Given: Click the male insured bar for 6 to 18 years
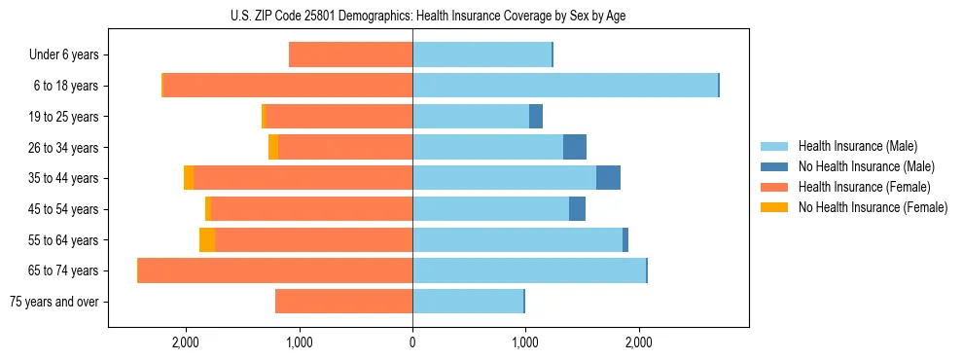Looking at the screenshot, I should click(x=565, y=86).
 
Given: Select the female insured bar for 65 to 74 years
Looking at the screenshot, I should click(x=275, y=270).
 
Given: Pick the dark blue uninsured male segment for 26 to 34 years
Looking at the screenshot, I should click(x=575, y=147).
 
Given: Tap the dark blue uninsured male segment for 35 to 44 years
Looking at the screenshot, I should click(x=608, y=178).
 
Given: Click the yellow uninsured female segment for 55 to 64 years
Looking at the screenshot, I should click(x=207, y=239).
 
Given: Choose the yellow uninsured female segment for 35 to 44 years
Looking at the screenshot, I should click(x=189, y=178).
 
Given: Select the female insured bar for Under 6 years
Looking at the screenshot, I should click(x=350, y=55).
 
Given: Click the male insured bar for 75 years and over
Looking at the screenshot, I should click(x=468, y=302).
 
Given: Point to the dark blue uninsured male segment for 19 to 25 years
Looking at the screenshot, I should click(x=536, y=117).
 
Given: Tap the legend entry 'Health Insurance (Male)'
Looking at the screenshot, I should click(x=857, y=146).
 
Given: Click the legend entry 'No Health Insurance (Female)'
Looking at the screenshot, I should click(x=873, y=207).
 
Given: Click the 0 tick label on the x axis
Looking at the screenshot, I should click(x=412, y=342).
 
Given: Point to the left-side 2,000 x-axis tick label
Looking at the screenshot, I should click(x=185, y=342).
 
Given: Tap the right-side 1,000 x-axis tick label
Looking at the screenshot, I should click(x=525, y=342).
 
